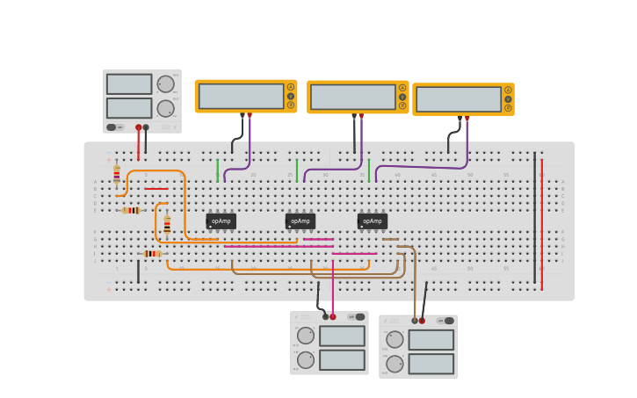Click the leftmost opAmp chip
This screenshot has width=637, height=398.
pos(221,221)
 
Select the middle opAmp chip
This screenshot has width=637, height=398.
pos(300,221)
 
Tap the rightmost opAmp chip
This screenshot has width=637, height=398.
pos(373,221)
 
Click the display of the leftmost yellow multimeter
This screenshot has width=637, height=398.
pos(241,96)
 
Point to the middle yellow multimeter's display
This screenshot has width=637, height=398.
pos(353,97)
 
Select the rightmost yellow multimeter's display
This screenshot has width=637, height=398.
pos(459,99)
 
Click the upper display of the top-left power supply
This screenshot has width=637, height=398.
pos(129,84)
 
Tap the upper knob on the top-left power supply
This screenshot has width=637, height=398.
pos(165,84)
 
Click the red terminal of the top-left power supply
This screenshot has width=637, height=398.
pos(138,127)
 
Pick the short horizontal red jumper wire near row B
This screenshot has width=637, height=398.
pos(156,189)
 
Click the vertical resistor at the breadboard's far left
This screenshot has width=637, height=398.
pos(116,175)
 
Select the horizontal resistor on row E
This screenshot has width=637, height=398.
pos(131,210)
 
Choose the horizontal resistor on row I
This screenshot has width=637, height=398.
pos(152,254)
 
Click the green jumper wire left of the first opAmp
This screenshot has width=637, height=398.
pos(217,170)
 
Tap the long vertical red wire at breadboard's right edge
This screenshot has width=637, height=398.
pos(542,224)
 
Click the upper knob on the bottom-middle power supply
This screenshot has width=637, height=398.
pos(306,336)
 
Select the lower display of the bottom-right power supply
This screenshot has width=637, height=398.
pos(431,364)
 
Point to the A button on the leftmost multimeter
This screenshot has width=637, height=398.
pos(291,87)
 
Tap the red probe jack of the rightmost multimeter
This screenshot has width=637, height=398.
pos(467,117)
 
